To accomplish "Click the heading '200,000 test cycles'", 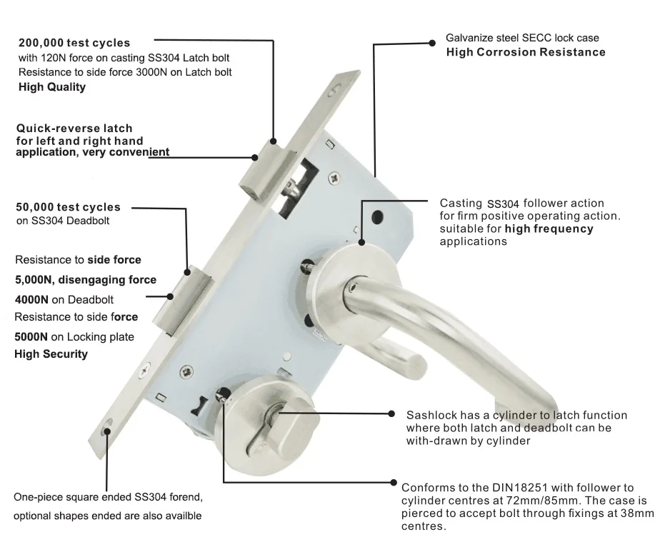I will pos(74,43).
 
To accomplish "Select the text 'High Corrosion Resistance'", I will pos(526,52).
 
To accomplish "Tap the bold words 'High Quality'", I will pos(51,87).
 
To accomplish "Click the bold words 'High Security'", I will pos(51,354).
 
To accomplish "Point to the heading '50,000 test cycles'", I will pos(69,207).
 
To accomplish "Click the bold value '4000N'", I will pos(33,299).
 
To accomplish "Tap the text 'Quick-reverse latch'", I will pos(74,129).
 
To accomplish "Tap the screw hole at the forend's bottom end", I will pos(106,430).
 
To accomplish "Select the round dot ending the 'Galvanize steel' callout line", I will pos(431,43).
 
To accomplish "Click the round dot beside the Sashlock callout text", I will pos(391,413).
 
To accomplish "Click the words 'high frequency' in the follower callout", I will pos(549,229).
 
